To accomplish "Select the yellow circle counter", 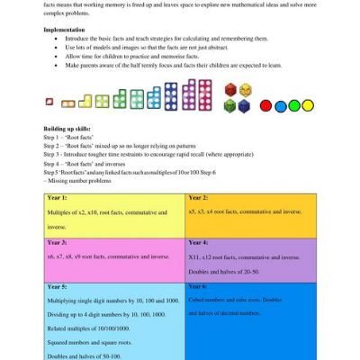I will [x=277, y=105].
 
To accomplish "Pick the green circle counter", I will [x=294, y=105].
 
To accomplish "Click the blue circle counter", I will [x=311, y=105].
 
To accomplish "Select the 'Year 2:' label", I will [x=202, y=196].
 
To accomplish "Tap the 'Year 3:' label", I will [x=58, y=243].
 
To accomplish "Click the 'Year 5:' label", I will [x=58, y=287].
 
